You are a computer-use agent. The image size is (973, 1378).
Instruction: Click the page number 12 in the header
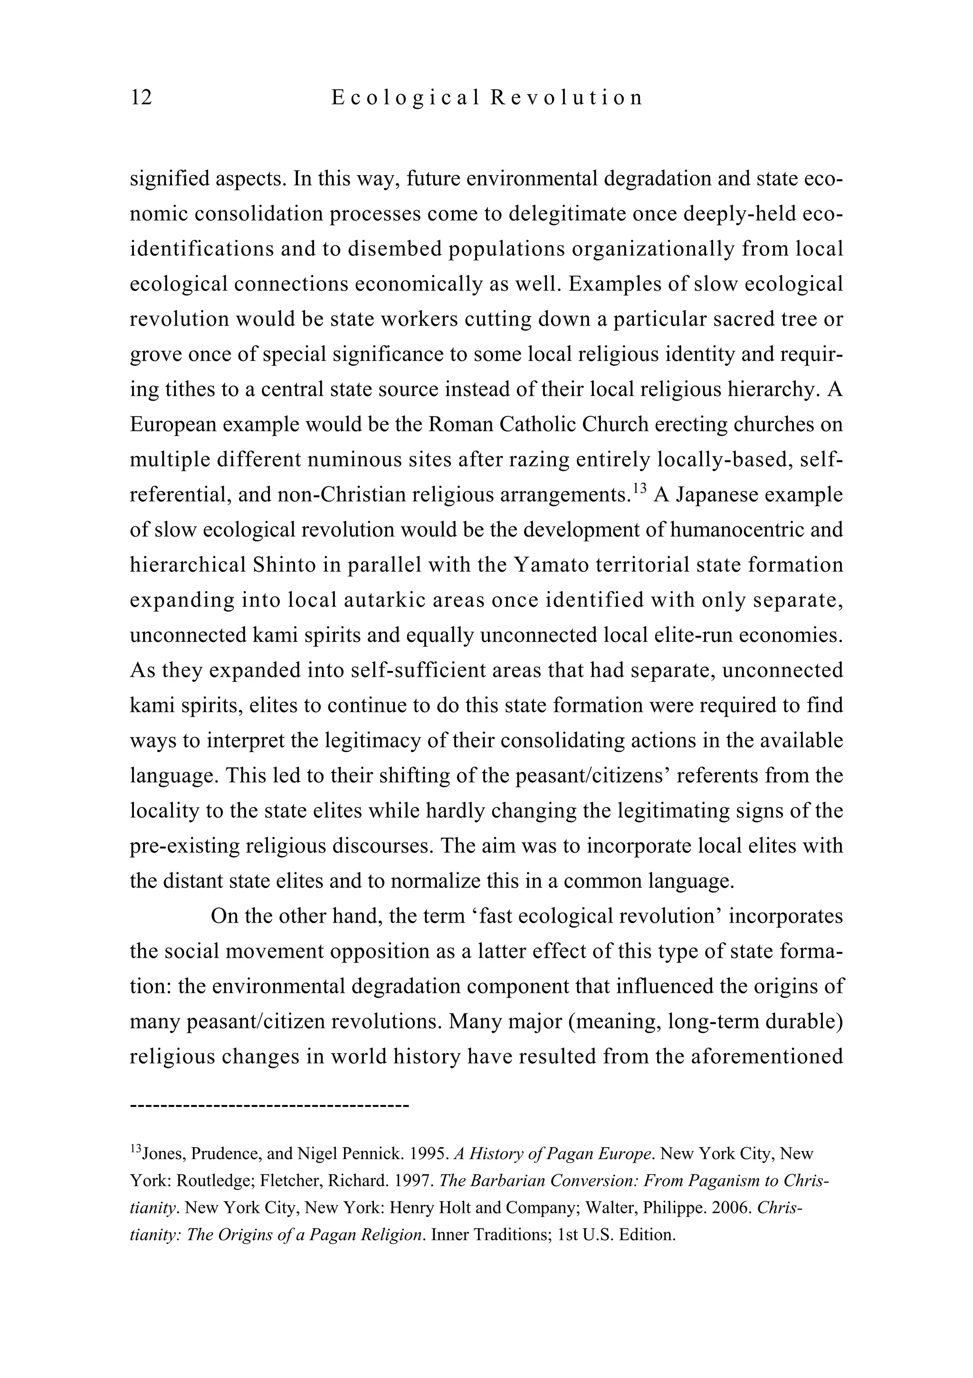[x=141, y=97]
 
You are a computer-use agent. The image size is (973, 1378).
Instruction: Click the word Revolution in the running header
[x=566, y=97]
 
